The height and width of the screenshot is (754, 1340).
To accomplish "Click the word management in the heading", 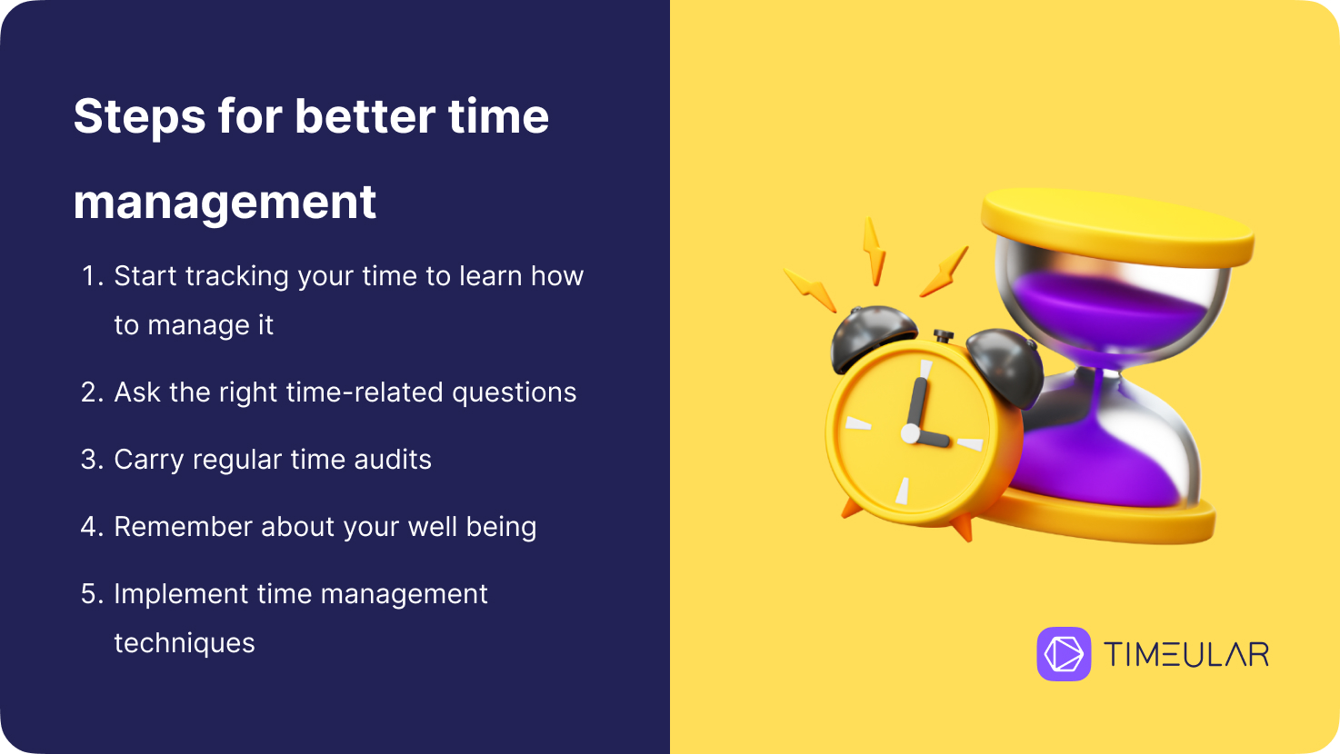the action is [x=225, y=203].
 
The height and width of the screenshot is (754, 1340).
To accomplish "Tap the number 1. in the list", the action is [x=93, y=276].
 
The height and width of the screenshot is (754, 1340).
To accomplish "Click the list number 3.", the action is [x=93, y=460].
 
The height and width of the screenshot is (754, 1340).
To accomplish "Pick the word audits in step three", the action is [x=393, y=460].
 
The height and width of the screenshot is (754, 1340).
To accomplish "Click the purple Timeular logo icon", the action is [x=1064, y=653].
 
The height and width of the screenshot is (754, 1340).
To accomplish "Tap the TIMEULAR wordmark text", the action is [x=1186, y=654].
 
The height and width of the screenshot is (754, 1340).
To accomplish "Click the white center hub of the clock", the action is [x=911, y=433].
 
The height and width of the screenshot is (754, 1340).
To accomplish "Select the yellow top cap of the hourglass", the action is [x=1117, y=227].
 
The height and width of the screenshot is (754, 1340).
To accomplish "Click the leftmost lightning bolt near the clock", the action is [x=810, y=290].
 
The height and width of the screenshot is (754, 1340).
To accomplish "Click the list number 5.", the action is [x=93, y=594].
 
